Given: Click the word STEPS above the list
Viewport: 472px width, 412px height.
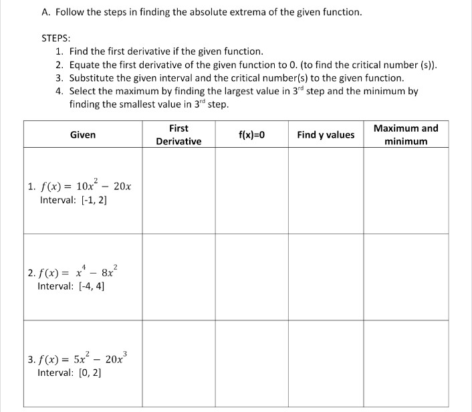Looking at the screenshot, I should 56,38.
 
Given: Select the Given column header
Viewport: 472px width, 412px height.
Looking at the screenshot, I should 83,134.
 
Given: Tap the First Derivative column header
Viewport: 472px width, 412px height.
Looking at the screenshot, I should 179,134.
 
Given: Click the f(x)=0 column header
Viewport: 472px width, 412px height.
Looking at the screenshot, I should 251,134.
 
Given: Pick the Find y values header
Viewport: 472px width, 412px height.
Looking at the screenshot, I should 326,134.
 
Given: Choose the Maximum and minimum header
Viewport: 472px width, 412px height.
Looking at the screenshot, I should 406,134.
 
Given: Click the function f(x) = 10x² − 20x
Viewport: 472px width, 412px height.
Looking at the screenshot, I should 80,187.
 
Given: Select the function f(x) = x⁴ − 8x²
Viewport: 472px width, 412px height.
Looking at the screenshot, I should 74,273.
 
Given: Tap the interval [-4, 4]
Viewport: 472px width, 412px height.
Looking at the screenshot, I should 72,286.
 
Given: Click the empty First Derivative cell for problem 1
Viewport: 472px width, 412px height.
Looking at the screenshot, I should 179,191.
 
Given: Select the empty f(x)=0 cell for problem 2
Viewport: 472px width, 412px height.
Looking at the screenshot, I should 251,276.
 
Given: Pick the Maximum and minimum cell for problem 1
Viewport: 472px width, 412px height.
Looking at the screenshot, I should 406,191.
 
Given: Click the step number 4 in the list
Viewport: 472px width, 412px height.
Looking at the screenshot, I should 60,92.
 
